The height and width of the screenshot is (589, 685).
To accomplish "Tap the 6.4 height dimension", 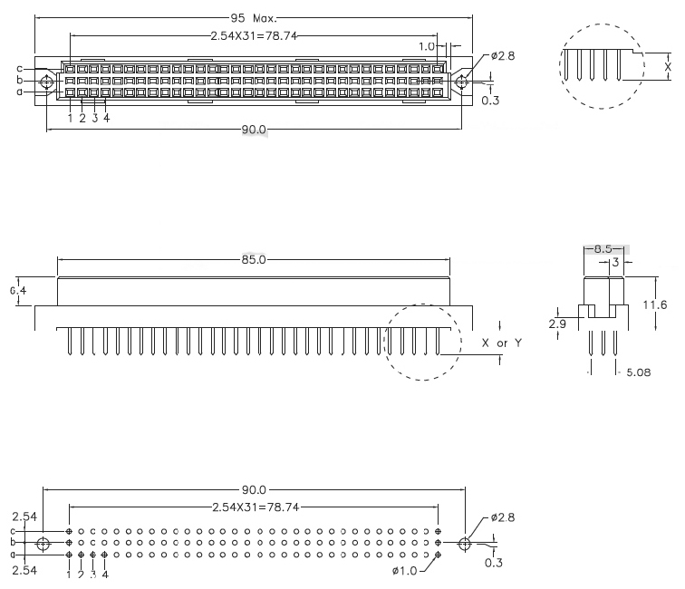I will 19,291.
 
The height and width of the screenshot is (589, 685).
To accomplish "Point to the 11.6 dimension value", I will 653,305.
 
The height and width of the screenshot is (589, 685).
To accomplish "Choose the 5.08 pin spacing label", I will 639,371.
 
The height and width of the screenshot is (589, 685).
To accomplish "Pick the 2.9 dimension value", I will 558,322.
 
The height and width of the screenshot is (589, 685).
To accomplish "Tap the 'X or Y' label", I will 501,343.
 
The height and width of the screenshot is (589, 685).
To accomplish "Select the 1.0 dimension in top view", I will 427,45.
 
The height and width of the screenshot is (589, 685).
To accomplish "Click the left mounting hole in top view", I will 46,82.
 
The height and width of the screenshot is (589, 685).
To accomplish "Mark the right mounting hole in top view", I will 461,82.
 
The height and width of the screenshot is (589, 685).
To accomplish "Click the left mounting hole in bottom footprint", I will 43,544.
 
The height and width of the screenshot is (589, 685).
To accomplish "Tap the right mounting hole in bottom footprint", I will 465,544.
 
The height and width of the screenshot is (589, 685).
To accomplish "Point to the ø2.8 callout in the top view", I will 503,56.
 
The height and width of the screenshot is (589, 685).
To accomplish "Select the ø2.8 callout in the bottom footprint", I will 503,518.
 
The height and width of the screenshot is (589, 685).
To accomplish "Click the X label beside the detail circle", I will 669,66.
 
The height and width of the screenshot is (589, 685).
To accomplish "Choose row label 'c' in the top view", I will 19,68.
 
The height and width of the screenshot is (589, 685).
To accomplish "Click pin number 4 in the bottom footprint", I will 106,574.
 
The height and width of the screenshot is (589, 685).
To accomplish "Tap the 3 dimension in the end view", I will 616,262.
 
